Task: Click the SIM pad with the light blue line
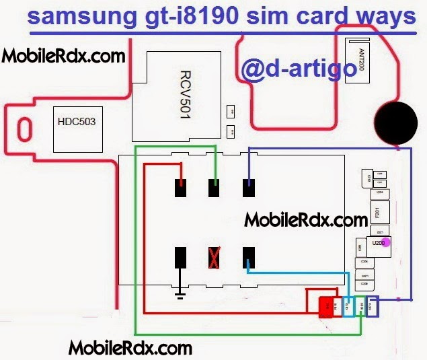(x=249, y=257)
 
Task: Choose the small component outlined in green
(x=361, y=306)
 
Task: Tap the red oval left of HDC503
(x=24, y=129)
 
